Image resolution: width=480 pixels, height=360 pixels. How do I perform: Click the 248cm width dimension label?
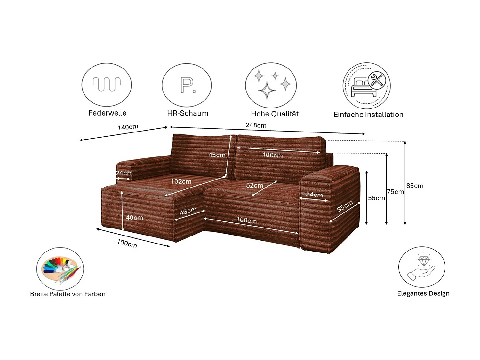tap(256, 125)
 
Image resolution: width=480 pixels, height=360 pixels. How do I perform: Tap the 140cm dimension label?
tap(128, 127)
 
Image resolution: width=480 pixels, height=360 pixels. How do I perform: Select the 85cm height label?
tap(415, 186)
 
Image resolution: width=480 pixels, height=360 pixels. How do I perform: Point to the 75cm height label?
tap(396, 192)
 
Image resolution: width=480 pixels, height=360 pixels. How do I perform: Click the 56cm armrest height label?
tap(376, 198)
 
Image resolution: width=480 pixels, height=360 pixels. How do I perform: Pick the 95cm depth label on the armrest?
tap(345, 206)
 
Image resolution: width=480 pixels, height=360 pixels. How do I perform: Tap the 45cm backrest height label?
tap(217, 155)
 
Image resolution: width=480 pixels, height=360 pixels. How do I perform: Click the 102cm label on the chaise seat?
tap(181, 182)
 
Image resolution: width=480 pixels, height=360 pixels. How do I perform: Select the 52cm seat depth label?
tap(255, 186)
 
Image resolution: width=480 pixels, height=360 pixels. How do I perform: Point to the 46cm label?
tap(188, 211)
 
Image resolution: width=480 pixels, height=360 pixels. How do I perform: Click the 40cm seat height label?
tap(134, 218)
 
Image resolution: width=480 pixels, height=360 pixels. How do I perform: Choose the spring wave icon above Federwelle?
tap(107, 85)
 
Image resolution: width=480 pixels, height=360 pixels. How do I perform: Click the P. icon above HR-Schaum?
tap(187, 85)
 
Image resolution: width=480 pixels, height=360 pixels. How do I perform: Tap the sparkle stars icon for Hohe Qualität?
tap(271, 85)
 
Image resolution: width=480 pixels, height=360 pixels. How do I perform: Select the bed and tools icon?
tap(367, 86)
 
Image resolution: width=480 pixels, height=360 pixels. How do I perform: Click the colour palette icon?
tap(60, 269)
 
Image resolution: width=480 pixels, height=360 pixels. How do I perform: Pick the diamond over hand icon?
tap(422, 267)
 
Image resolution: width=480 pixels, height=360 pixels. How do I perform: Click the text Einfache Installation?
tap(368, 115)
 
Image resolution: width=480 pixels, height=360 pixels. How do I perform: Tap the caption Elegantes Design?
tap(423, 294)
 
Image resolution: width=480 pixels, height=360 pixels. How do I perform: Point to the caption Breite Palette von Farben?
tap(68, 294)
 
